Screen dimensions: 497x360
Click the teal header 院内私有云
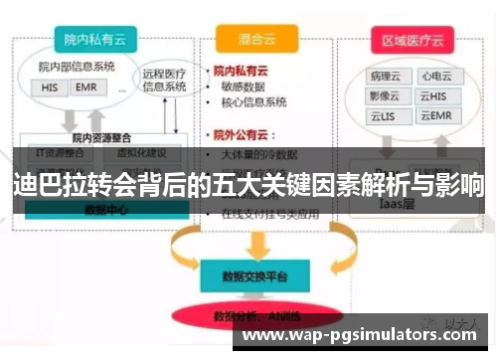[94, 40]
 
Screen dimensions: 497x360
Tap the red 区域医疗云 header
[415, 40]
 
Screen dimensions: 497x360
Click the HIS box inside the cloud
[50, 88]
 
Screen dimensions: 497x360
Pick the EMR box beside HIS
[84, 88]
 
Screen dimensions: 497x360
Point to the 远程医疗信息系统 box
[163, 79]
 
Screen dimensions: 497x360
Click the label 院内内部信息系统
[77, 67]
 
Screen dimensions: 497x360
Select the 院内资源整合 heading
[101, 138]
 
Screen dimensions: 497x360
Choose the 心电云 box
[434, 75]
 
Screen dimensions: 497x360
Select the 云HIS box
[434, 95]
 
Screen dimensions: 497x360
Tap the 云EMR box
[434, 116]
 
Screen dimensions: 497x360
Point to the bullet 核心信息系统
[256, 102]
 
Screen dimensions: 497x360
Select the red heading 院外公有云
[246, 134]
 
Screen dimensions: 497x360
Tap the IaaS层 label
[407, 203]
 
